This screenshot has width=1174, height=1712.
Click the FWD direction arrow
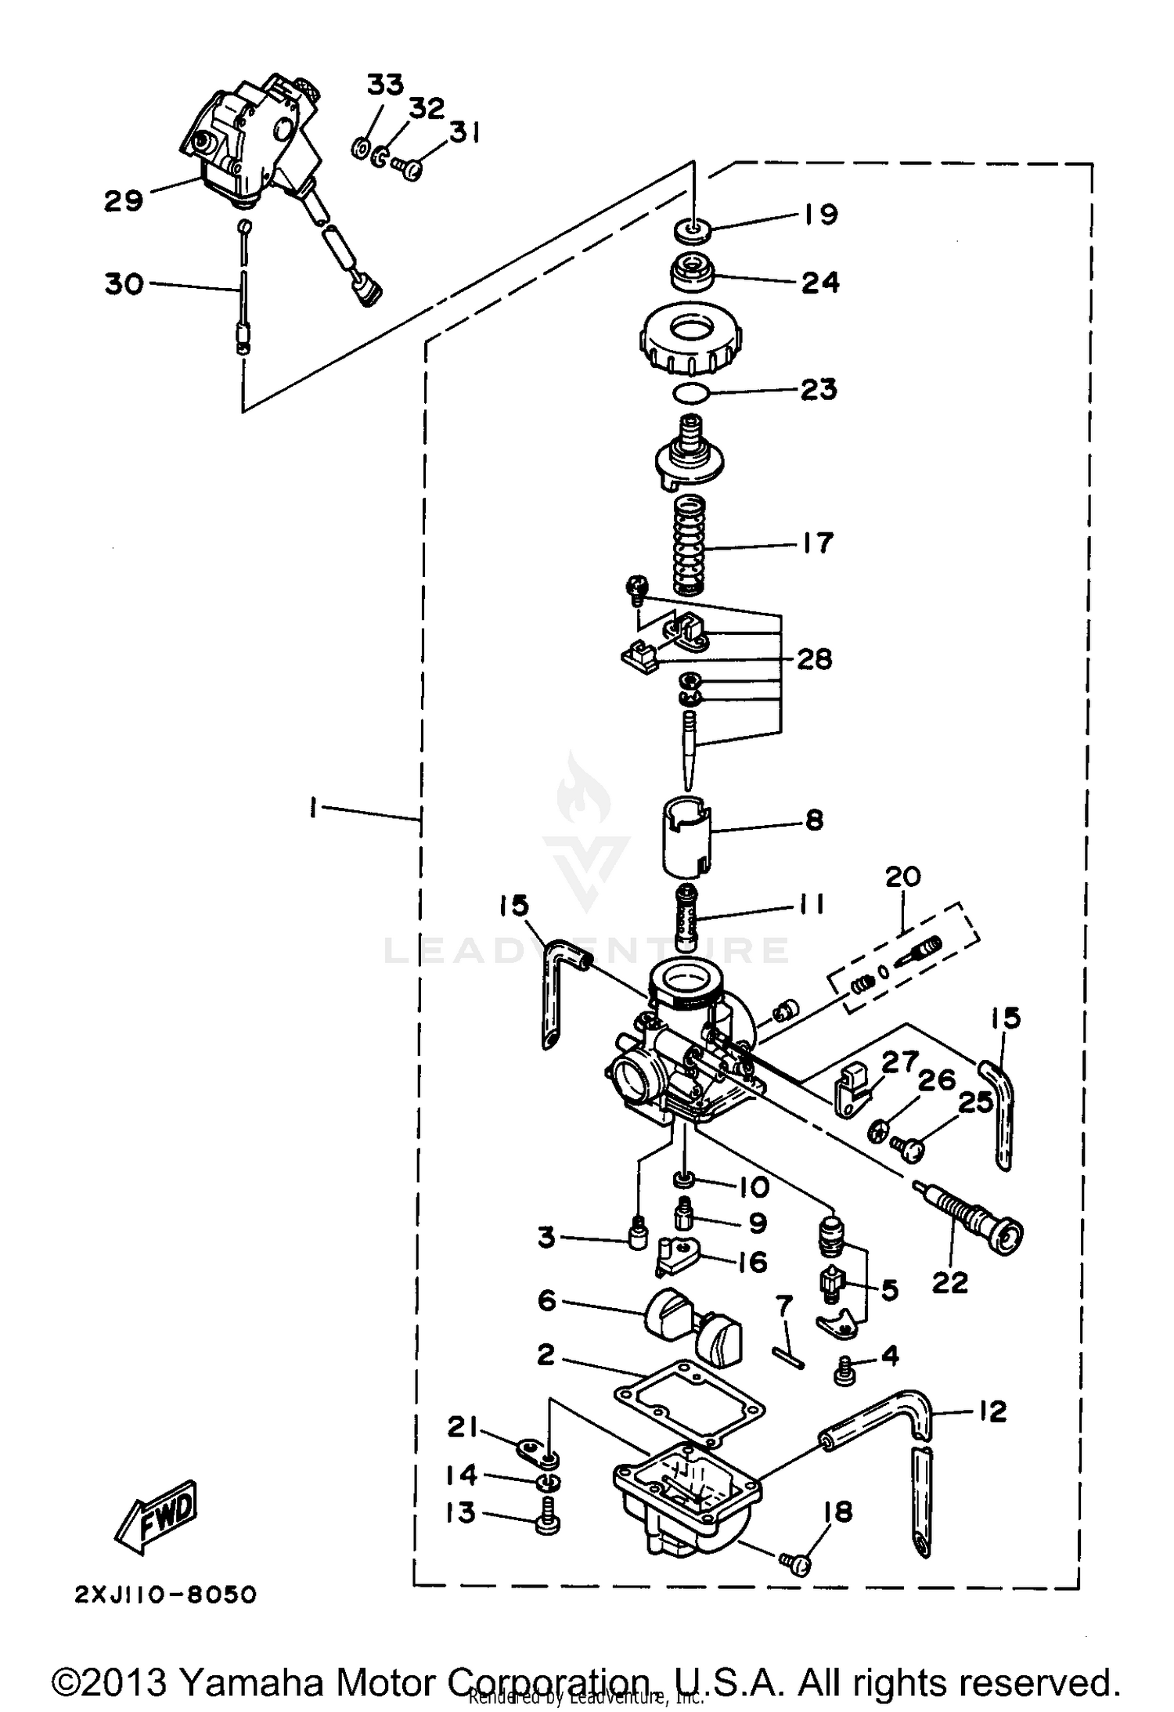(157, 1516)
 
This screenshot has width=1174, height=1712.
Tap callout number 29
(124, 200)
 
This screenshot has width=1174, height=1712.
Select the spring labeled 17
(690, 547)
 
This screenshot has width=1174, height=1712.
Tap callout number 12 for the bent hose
(992, 1411)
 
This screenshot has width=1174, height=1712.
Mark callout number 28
(814, 659)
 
